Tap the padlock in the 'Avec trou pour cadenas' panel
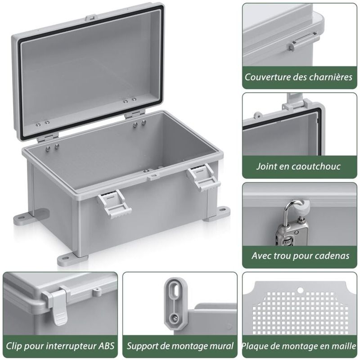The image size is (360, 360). (x=293, y=225)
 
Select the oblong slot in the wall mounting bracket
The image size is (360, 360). (x=175, y=292)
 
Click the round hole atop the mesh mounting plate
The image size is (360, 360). (x=300, y=290)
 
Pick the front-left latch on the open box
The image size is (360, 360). (x=114, y=203)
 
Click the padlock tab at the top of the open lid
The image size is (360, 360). (x=90, y=18)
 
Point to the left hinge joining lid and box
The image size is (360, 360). (x=48, y=138)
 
